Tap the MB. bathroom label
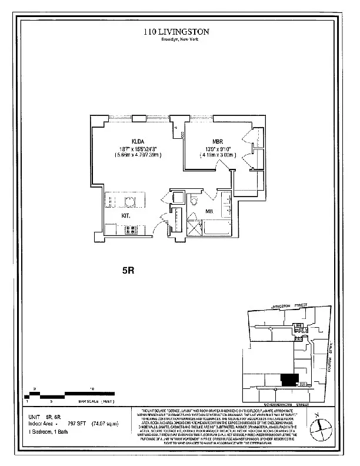pyautogui.click(x=208, y=211)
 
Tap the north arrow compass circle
pyautogui.click(x=319, y=425)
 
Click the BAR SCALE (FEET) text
pyautogui.click(x=96, y=400)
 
